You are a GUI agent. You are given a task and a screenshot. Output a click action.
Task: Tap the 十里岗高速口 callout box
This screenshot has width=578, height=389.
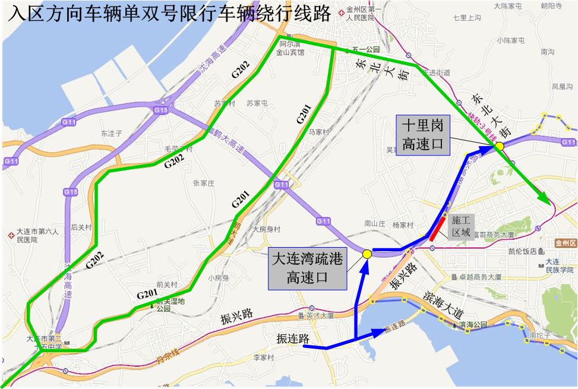tap(423, 135)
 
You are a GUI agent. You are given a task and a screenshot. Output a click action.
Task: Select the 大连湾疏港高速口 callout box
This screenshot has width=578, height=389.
tap(307, 268)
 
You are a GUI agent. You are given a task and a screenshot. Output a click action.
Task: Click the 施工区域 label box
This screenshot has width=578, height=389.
tap(461, 225)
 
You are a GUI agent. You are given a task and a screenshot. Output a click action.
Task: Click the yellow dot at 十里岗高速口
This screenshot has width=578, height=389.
tap(500, 146)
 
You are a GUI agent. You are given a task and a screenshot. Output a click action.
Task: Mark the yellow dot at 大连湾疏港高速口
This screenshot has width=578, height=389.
tap(367, 254)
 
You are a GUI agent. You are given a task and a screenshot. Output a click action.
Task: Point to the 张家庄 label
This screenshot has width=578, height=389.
tap(203, 184)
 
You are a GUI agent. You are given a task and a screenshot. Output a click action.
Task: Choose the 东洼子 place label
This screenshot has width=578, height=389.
tap(111, 134)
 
